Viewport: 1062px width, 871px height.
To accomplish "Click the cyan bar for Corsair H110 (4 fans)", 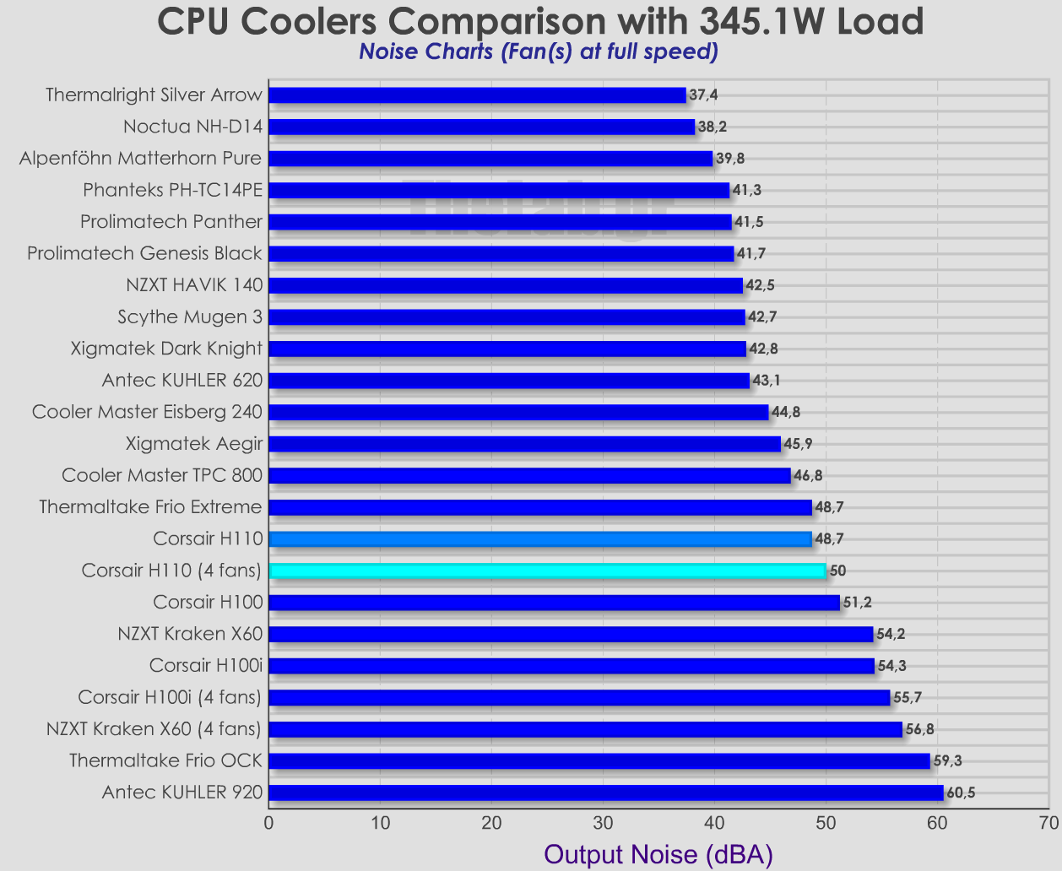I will coord(547,571).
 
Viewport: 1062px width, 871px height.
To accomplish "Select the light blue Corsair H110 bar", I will coord(540,538).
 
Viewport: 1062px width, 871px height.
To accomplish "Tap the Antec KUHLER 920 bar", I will coord(605,793).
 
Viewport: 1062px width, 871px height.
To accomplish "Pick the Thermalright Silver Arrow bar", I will coord(477,95).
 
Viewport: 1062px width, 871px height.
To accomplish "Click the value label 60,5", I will coord(962,793).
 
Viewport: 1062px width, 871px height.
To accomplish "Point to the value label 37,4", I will coord(704,95).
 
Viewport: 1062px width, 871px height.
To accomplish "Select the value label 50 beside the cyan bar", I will coord(837,571).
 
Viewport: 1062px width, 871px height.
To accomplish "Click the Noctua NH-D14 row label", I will coord(193,127).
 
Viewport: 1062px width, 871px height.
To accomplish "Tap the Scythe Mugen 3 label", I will coord(191,316).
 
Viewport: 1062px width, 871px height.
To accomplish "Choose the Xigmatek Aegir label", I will coord(194,443).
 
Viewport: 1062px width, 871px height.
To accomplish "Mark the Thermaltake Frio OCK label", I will coord(166,760).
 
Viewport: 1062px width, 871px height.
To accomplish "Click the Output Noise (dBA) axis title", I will coord(658,854).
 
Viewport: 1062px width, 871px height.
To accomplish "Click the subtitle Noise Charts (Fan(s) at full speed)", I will coord(539,52).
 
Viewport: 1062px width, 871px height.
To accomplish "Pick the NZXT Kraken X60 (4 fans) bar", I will coord(585,729).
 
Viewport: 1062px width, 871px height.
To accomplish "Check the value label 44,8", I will coord(786,412).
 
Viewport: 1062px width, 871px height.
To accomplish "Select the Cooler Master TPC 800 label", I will coord(163,475).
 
